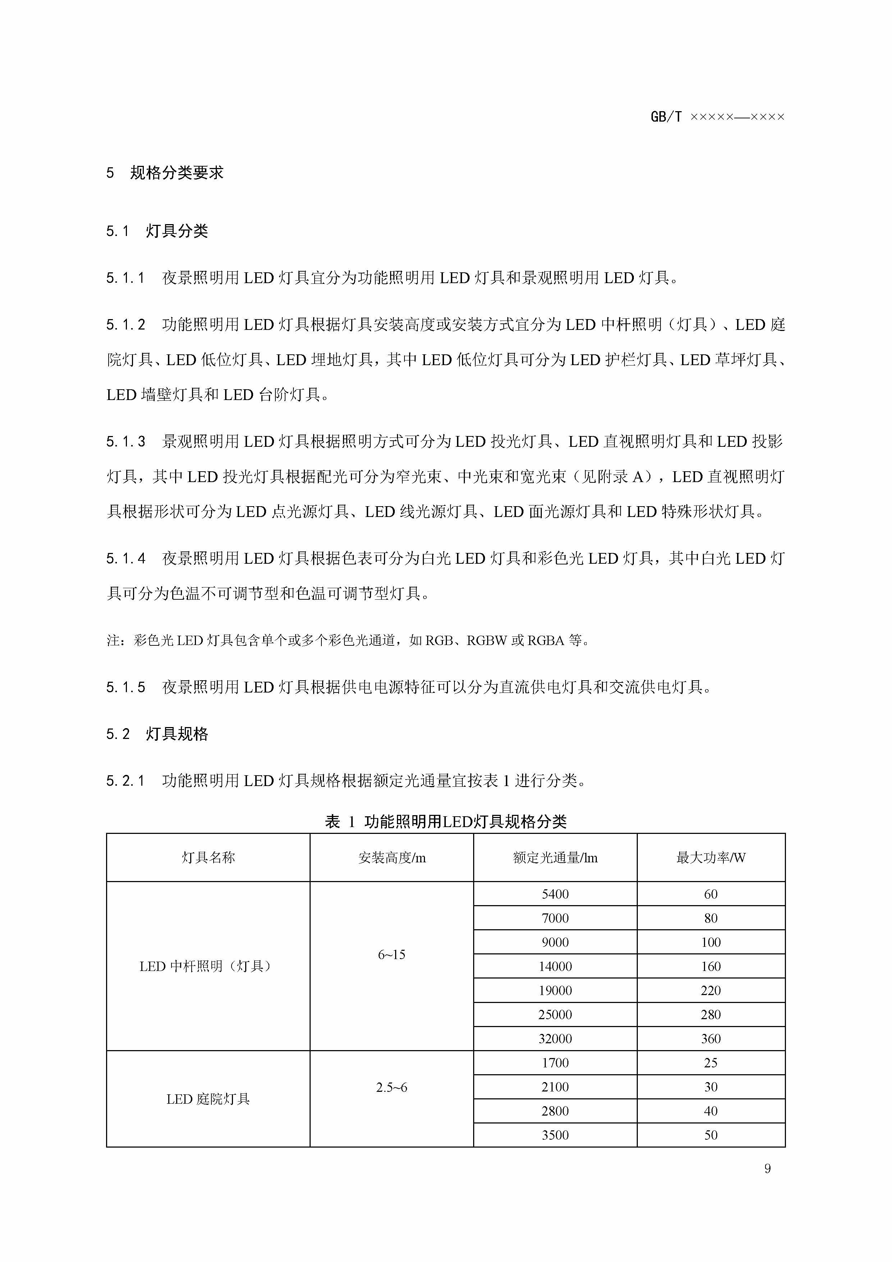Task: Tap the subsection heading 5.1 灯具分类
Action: tap(157, 231)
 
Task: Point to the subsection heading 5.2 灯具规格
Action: tap(157, 734)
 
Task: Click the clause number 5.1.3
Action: tap(126, 441)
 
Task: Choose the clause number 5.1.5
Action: tap(126, 687)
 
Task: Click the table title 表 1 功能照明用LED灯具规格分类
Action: tap(445, 822)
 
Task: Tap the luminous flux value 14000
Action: tap(555, 966)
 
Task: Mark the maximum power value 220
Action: tap(711, 990)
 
